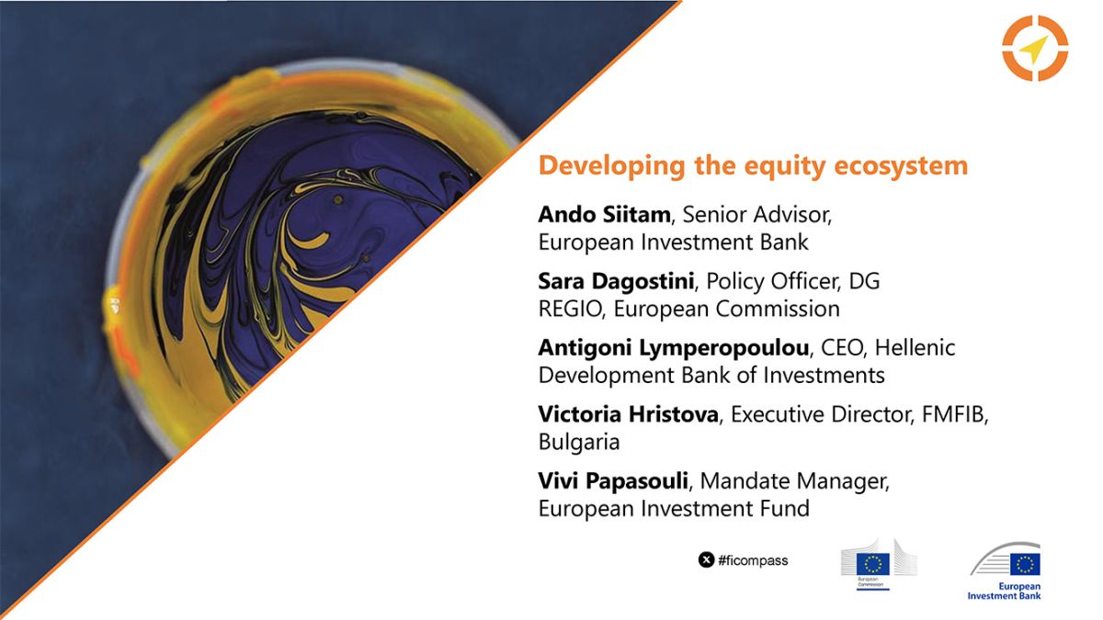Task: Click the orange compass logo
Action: coord(1035,48)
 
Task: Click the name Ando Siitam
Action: coord(604,215)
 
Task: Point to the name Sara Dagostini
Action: coord(616,281)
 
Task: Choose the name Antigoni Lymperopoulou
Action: coord(674,348)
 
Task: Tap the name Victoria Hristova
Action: coord(629,414)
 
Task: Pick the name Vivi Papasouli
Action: coord(613,480)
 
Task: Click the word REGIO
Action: coord(570,309)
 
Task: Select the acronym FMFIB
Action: coord(952,414)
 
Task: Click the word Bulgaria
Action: coord(579,442)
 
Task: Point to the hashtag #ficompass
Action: coord(753,560)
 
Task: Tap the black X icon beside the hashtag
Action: coord(706,560)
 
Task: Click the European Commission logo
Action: coord(879,564)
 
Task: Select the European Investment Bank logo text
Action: coord(1004,591)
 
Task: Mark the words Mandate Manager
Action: coord(793,481)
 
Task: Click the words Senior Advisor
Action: coord(756,215)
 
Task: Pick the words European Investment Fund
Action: coord(674,508)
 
